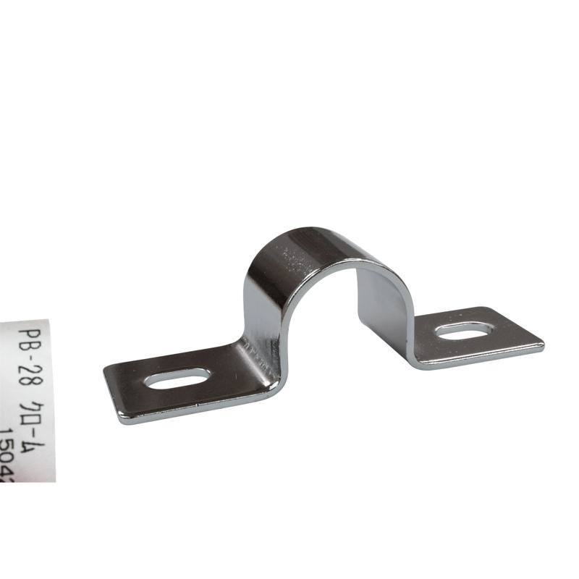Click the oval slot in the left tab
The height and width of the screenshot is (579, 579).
[177, 378]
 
